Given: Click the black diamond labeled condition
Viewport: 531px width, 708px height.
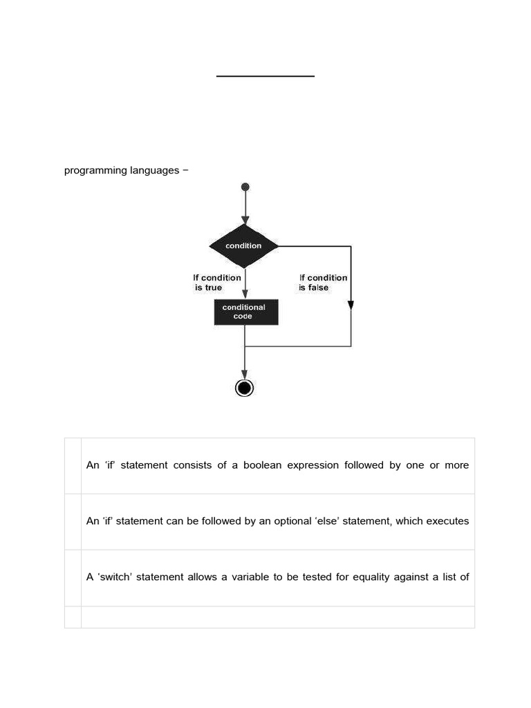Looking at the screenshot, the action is click(x=244, y=245).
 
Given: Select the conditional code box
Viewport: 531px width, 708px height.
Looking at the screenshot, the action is click(x=246, y=312).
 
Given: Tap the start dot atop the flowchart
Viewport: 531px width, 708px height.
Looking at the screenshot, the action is click(x=245, y=187).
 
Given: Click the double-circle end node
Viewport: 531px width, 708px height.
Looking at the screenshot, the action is click(x=245, y=388).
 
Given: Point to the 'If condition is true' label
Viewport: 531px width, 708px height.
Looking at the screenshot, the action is click(x=216, y=282).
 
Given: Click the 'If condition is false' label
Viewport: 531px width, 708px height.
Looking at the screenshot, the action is click(x=323, y=282).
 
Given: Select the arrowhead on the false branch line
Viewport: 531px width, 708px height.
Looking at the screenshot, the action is click(x=351, y=305).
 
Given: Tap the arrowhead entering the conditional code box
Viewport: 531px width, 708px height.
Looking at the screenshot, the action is click(x=245, y=294).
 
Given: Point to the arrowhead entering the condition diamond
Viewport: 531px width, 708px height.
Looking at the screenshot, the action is click(x=245, y=220).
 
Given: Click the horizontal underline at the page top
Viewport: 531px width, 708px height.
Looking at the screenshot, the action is click(x=265, y=76).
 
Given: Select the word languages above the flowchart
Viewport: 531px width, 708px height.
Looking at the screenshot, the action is click(x=154, y=171).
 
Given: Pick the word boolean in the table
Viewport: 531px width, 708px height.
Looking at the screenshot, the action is click(x=265, y=465).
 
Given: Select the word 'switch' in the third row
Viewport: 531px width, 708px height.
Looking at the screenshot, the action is click(x=114, y=577).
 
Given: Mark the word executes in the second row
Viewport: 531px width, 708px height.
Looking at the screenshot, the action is click(x=447, y=521).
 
